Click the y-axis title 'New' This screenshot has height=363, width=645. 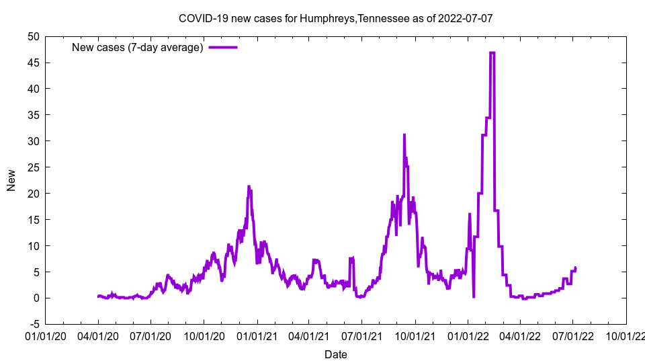(x=11, y=180)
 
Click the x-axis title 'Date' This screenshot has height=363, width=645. (x=335, y=354)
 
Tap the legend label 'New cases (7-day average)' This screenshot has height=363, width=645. (x=138, y=47)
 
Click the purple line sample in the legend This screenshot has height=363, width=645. (x=223, y=47)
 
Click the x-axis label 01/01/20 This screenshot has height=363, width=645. (x=46, y=335)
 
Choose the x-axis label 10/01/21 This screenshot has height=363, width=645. (x=415, y=335)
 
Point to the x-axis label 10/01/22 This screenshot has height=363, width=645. (x=626, y=335)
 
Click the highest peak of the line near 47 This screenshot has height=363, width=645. (x=492, y=52)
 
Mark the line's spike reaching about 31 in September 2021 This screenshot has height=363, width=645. (x=404, y=135)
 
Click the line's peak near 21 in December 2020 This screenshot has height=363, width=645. (x=249, y=186)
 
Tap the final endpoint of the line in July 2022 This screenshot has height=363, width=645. (x=576, y=268)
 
